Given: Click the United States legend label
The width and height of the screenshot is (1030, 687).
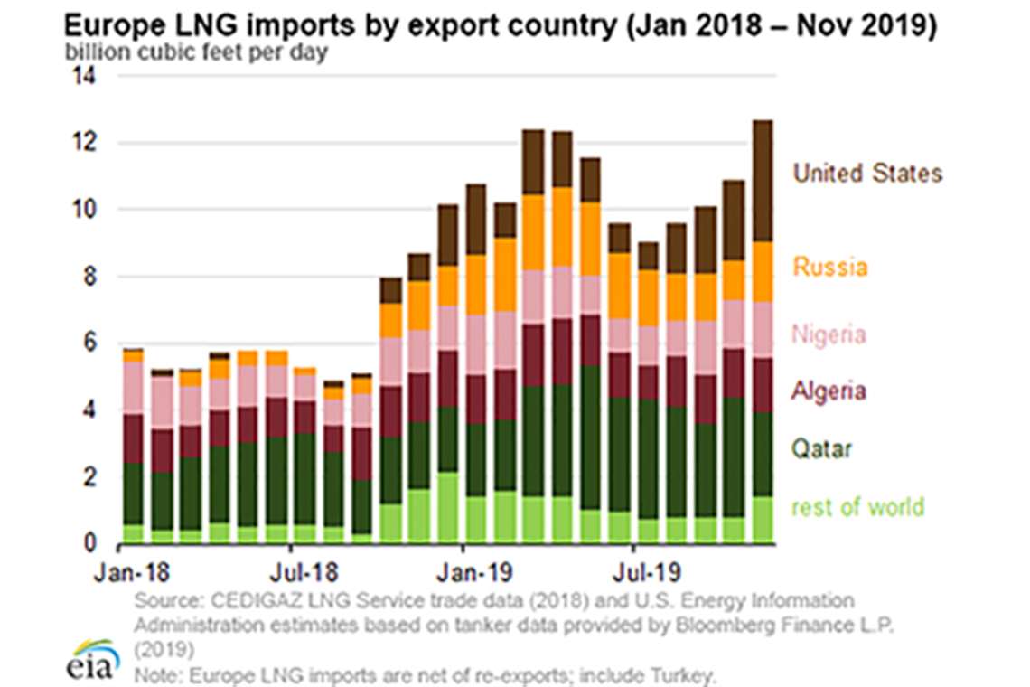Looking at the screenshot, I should point(867,173).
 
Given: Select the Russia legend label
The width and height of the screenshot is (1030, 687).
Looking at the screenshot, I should point(829,267).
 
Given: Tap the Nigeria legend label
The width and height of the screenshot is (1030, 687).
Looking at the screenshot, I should point(829,334).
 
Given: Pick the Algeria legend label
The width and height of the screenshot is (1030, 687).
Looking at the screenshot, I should point(829,391).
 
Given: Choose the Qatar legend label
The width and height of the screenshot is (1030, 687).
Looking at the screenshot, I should point(821,448).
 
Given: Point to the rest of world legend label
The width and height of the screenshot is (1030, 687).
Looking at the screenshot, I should point(857,506).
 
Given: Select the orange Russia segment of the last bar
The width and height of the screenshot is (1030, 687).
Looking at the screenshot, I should point(762,271).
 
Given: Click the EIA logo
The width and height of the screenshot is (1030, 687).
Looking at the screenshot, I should point(91,658).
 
